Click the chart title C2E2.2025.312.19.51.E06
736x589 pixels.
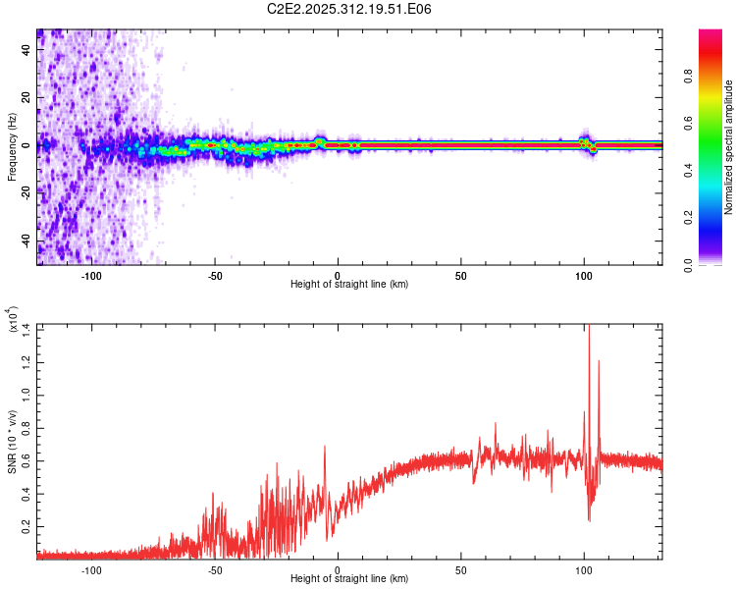pos(350,10)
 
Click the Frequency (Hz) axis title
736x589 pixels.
pos(12,147)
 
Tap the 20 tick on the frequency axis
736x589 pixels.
pos(27,97)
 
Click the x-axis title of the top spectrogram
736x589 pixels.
pos(349,284)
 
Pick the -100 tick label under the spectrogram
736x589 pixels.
pos(91,275)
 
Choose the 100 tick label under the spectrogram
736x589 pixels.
pos(584,275)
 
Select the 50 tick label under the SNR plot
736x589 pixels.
pos(461,568)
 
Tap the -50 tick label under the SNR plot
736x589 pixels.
pos(214,568)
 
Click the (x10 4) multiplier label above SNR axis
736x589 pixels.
pos(13,321)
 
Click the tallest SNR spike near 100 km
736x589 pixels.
pos(589,330)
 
